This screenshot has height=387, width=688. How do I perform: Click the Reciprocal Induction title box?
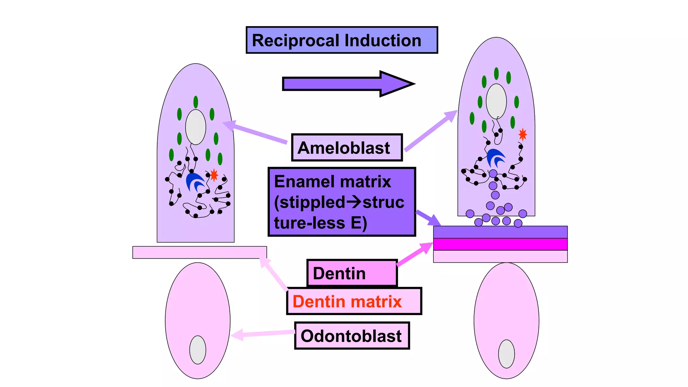tap(342, 40)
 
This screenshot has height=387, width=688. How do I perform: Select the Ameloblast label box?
tap(347, 148)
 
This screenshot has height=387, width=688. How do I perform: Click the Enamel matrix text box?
tap(342, 202)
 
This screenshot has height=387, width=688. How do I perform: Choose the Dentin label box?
tap(352, 273)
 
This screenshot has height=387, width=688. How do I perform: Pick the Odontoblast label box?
tap(352, 336)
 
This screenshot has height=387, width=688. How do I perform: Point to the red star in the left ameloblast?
tap(214, 175)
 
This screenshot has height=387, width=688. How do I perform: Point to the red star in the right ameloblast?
tap(523, 134)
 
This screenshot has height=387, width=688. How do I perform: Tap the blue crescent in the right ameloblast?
tap(495, 157)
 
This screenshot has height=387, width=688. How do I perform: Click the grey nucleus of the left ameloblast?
tap(196, 127)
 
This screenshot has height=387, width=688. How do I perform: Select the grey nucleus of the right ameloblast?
tap(496, 101)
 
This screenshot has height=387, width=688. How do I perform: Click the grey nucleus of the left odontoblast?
tap(198, 350)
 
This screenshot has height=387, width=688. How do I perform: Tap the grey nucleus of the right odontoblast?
tap(506, 354)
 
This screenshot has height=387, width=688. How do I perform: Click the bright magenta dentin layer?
tap(500, 244)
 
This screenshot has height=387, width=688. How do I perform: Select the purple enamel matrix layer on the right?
tap(500, 232)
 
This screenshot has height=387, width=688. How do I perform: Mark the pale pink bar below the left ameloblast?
tap(200, 252)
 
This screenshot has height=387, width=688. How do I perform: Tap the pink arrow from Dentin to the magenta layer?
tap(415, 254)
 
